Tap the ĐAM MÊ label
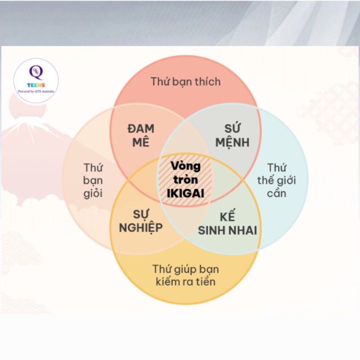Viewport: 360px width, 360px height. [141, 136]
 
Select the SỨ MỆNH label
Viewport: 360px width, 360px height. [233, 136]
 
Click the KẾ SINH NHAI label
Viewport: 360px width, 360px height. [227, 224]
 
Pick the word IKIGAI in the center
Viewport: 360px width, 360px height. [186, 194]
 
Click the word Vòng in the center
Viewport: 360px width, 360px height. [186, 166]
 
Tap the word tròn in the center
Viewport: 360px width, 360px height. [186, 180]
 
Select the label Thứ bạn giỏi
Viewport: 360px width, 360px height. [93, 181]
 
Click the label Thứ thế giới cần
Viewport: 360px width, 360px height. [277, 180]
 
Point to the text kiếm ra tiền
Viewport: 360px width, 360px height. [186, 282]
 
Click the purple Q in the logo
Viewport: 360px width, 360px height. [36, 72]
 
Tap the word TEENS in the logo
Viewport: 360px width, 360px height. [36, 86]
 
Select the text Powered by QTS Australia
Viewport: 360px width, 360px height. [36, 91]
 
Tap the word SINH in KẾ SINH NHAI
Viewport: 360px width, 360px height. [212, 230]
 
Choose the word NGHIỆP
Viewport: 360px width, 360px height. [141, 228]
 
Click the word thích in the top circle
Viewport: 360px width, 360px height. [208, 82]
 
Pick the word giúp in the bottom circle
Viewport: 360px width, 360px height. [184, 269]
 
